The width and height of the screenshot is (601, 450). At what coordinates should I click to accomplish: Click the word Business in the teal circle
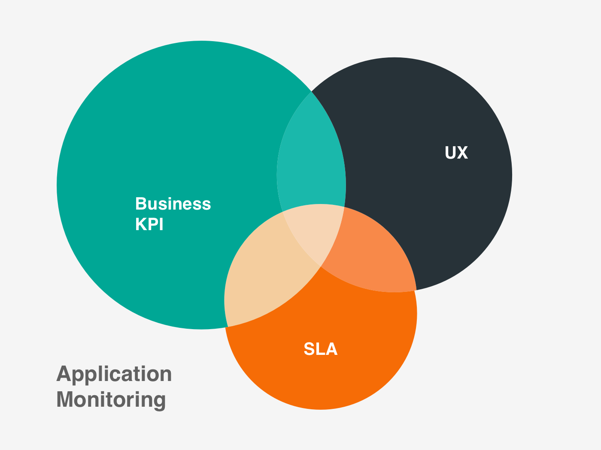pyautogui.click(x=173, y=204)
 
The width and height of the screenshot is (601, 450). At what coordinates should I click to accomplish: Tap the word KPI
pyautogui.click(x=149, y=225)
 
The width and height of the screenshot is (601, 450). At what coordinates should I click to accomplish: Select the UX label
pyautogui.click(x=456, y=153)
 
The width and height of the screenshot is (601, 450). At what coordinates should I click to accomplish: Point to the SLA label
pyautogui.click(x=320, y=349)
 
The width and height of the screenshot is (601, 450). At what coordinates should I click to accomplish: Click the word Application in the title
pyautogui.click(x=114, y=375)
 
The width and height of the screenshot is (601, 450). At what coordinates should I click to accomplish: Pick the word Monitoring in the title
pyautogui.click(x=111, y=399)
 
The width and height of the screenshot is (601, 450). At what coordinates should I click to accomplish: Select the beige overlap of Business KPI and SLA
pyautogui.click(x=262, y=274)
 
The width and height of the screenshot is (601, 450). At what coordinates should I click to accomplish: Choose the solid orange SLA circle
pyautogui.click(x=322, y=377)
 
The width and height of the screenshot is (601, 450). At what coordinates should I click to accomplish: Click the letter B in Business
pyautogui.click(x=141, y=204)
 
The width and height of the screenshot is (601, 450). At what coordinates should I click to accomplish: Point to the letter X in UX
pyautogui.click(x=462, y=153)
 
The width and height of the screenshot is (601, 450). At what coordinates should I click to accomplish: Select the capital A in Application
pyautogui.click(x=64, y=374)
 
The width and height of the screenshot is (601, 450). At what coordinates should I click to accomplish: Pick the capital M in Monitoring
pyautogui.click(x=65, y=399)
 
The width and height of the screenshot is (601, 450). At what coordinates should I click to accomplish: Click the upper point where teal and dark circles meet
pyautogui.click(x=311, y=92)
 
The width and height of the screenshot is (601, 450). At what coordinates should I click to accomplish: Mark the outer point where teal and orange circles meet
pyautogui.click(x=227, y=327)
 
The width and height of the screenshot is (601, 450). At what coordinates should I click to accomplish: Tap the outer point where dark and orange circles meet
pyautogui.click(x=416, y=290)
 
